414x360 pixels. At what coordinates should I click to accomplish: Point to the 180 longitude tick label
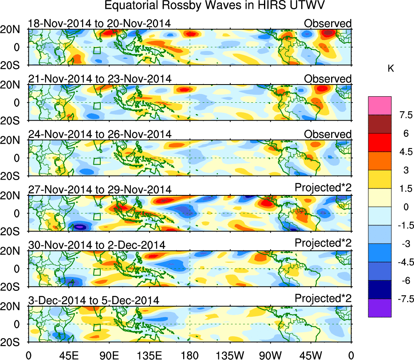190,355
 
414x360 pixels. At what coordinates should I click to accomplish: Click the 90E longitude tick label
109,355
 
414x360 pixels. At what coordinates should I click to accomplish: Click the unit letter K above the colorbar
391,69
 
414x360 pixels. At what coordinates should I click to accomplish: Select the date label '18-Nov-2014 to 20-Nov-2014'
99,23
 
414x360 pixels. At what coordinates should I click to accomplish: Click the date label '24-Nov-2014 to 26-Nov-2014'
99,134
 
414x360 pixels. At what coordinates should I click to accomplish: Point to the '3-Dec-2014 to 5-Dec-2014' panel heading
93,300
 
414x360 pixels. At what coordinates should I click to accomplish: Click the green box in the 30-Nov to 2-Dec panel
97,272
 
